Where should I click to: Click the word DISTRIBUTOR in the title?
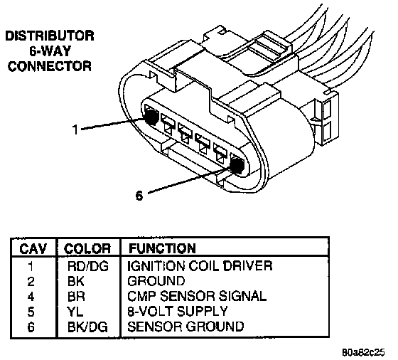pyautogui.click(x=50, y=36)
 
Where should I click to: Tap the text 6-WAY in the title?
pyautogui.click(x=50, y=51)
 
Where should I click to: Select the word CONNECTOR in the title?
pyautogui.click(x=50, y=66)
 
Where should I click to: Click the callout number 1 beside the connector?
pyautogui.click(x=75, y=129)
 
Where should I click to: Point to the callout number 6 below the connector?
pyautogui.click(x=139, y=196)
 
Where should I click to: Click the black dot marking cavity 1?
pyautogui.click(x=151, y=117)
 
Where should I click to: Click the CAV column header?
pyautogui.click(x=33, y=248)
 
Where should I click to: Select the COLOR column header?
pyautogui.click(x=87, y=248)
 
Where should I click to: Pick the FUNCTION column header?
pyautogui.click(x=163, y=248)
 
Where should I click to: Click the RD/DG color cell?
pyautogui.click(x=88, y=266)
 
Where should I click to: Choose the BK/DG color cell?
pyautogui.click(x=87, y=327)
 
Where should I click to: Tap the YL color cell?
pyautogui.click(x=75, y=312)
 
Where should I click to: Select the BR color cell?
pyautogui.click(x=76, y=297)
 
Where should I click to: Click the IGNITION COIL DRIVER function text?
pyautogui.click(x=200, y=266)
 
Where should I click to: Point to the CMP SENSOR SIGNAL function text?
pyautogui.click(x=197, y=296)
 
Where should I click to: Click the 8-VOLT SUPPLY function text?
pyautogui.click(x=177, y=311)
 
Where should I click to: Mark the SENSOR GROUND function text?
pyautogui.click(x=185, y=327)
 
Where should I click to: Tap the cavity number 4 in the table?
pyautogui.click(x=31, y=297)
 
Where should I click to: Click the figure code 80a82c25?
pyautogui.click(x=363, y=352)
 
